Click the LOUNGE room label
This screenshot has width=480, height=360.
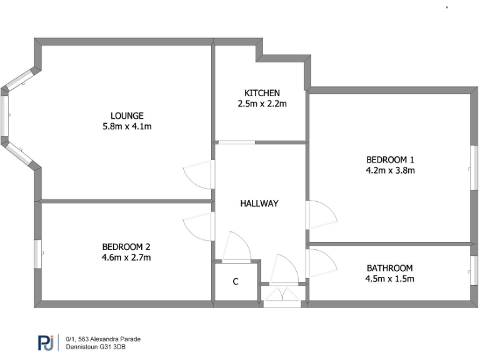pyautogui.click(x=127, y=116)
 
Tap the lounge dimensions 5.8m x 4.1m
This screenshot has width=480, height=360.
pyautogui.click(x=127, y=126)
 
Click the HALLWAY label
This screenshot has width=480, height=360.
pyautogui.click(x=259, y=203)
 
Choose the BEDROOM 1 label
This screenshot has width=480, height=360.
pyautogui.click(x=390, y=159)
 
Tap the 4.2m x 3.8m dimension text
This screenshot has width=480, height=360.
pyautogui.click(x=390, y=169)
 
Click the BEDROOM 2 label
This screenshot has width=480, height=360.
pyautogui.click(x=126, y=246)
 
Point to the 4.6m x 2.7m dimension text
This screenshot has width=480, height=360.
pyautogui.click(x=126, y=257)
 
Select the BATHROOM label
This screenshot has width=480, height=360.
pyautogui.click(x=389, y=268)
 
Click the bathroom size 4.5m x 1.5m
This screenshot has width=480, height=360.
pyautogui.click(x=389, y=279)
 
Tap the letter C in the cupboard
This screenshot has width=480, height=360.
pyautogui.click(x=236, y=282)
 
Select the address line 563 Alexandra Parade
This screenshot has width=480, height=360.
pyautogui.click(x=103, y=339)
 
